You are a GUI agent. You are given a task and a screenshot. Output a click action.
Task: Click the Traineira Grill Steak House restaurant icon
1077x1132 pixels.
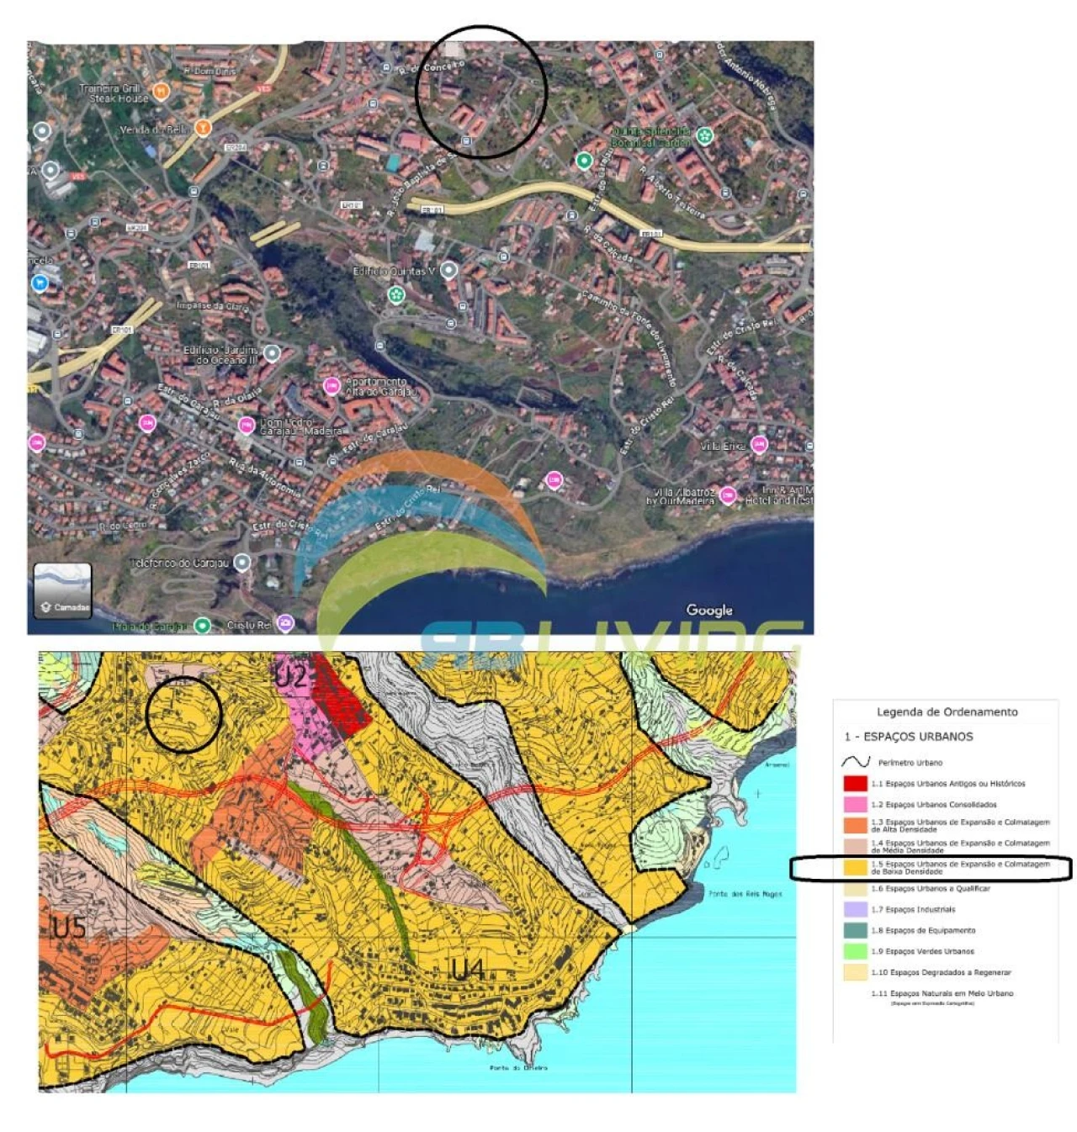162,91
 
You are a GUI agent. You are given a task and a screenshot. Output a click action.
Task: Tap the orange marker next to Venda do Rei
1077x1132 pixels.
202,128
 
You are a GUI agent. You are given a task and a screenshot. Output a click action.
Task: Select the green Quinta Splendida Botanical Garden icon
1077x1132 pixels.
705,136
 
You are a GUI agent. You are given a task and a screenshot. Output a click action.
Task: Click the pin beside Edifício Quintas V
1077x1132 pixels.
449,271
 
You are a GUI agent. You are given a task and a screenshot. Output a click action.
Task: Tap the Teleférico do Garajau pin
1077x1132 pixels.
242,563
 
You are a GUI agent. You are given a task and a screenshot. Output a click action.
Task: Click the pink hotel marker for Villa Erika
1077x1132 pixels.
759,445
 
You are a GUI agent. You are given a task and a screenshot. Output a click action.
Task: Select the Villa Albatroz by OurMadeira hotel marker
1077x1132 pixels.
728,495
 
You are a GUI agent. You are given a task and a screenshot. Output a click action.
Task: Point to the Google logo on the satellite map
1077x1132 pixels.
708,611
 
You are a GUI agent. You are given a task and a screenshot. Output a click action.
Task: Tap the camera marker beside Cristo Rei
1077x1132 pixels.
286,624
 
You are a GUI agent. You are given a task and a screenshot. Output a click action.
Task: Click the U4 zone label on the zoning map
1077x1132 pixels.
468,970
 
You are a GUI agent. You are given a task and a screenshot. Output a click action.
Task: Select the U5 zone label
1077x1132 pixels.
69,928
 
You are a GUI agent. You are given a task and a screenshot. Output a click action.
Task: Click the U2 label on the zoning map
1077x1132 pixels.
291,675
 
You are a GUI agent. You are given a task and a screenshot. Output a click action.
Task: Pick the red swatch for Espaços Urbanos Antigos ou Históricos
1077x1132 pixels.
855,784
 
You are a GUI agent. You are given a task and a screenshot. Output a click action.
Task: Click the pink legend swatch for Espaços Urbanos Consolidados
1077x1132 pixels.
855,805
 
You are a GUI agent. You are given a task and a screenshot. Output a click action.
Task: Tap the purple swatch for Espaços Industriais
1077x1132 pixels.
855,909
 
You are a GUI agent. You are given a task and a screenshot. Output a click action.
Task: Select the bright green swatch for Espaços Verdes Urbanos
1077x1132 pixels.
855,951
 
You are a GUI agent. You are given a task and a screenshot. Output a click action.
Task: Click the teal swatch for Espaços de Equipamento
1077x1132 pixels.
855,930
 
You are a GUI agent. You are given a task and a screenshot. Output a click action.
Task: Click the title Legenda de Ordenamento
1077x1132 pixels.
947,711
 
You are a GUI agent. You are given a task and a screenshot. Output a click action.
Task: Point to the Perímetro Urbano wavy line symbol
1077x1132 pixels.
856,762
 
